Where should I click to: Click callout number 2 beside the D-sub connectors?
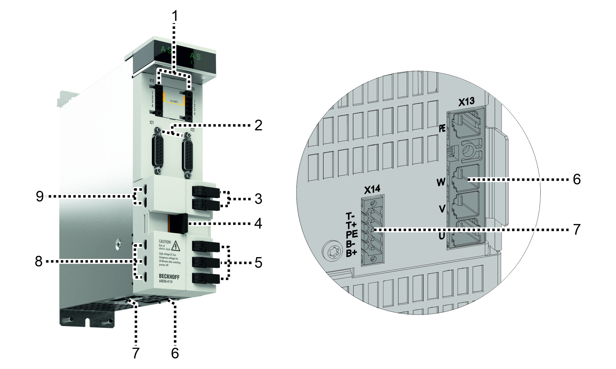[x=258, y=125]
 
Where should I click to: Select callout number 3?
[x=258, y=199]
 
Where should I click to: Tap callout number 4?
[x=258, y=223]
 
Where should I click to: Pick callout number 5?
[x=258, y=262]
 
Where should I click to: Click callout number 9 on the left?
[x=40, y=196]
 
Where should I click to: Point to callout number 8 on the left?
[x=39, y=261]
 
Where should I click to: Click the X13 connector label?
[x=466, y=102]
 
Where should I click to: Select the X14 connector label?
[x=372, y=189]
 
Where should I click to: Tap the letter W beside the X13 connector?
[x=441, y=182]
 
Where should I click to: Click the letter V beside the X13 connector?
[x=442, y=209]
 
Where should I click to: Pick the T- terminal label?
[x=350, y=216]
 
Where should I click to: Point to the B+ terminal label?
[x=351, y=253]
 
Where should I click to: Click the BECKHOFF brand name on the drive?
[x=169, y=277]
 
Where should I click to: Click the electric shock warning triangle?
[x=176, y=246]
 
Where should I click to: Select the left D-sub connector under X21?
[x=157, y=151]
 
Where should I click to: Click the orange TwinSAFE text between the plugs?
[x=174, y=101]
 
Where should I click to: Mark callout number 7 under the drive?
[x=136, y=353]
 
